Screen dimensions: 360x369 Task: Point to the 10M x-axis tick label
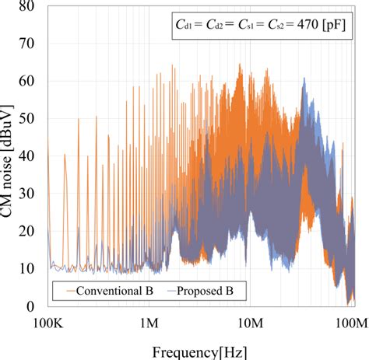pyautogui.click(x=251, y=322)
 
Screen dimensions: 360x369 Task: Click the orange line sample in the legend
pyautogui.click(x=63, y=292)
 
